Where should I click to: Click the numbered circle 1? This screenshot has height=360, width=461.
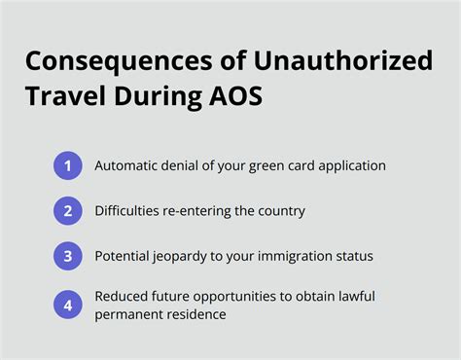tap(68, 166)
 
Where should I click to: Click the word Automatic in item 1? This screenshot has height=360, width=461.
tap(129, 166)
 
